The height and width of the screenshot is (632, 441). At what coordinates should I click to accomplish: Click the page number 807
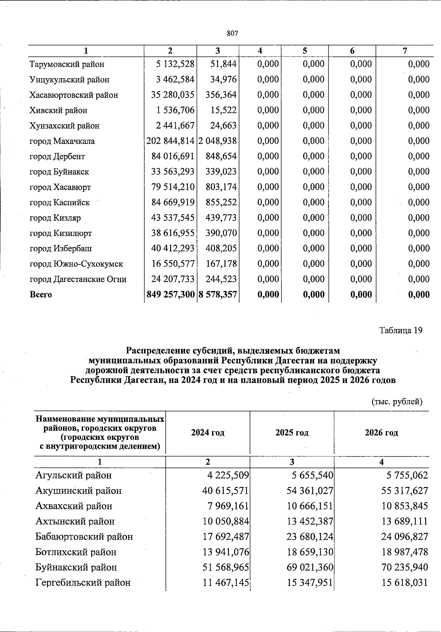pos(233,33)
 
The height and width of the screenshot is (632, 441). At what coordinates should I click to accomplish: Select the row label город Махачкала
pos(62,141)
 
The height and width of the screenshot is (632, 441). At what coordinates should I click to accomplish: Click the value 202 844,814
pos(170,141)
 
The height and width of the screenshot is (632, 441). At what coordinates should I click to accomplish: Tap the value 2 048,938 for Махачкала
pos(218,141)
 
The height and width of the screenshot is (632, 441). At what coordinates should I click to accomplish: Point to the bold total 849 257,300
pos(170,294)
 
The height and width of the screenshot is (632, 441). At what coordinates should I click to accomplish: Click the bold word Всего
pos(41,295)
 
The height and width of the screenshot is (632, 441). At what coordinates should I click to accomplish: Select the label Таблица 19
pos(401,330)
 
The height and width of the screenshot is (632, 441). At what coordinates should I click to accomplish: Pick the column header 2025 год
pos(292,432)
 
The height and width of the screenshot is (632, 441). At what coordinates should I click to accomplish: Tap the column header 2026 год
pos(381,432)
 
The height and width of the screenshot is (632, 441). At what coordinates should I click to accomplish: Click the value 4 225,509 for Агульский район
pos(228,475)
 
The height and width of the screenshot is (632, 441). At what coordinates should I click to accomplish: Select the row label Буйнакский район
pos(76,567)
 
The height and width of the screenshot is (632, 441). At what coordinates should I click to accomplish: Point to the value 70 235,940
pos(405,567)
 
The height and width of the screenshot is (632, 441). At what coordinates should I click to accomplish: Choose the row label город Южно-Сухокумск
pos(76,264)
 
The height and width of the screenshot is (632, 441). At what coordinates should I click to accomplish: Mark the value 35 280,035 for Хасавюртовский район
pos(173,95)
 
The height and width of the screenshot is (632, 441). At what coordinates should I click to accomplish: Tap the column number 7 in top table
pos(405,51)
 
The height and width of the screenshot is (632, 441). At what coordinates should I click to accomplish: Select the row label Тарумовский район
pos(67,64)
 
